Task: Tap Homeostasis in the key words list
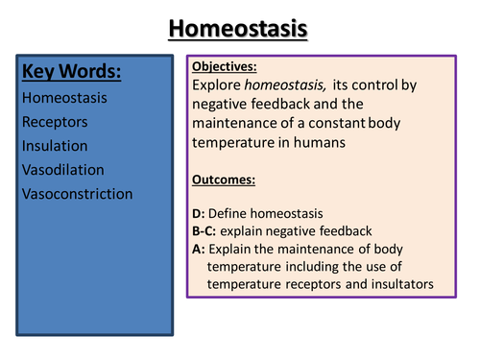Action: (63, 97)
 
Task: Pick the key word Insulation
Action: (54, 146)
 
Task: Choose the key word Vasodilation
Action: (61, 170)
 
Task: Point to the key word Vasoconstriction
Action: (76, 194)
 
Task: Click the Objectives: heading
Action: (225, 67)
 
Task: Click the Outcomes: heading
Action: (225, 180)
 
